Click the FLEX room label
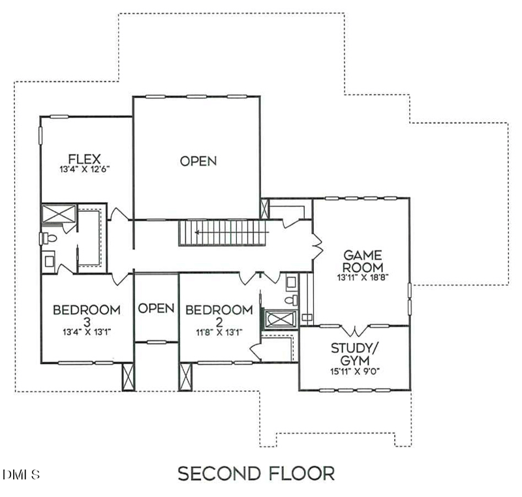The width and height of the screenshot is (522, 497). [84, 159]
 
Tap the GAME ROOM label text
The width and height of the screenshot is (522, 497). [363, 262]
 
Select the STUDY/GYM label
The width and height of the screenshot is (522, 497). [355, 354]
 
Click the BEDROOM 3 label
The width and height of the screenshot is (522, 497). [87, 316]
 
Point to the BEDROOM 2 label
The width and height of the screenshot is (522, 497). [219, 316]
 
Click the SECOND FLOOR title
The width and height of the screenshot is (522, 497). [256, 474]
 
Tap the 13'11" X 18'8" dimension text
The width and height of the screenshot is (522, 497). [363, 277]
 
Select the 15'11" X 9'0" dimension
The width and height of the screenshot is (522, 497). [355, 371]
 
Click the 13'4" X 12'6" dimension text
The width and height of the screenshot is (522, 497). [85, 169]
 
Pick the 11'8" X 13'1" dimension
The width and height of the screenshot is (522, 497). [219, 332]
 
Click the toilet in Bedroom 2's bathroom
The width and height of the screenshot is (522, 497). [291, 300]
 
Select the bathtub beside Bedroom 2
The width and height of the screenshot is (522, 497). [280, 320]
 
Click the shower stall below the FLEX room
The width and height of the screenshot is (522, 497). [59, 213]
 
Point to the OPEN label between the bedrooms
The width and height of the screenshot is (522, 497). [156, 309]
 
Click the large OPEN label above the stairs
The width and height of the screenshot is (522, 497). [198, 161]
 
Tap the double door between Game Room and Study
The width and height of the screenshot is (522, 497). [356, 330]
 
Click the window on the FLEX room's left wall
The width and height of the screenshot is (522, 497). [40, 136]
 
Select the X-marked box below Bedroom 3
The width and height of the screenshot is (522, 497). [128, 376]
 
